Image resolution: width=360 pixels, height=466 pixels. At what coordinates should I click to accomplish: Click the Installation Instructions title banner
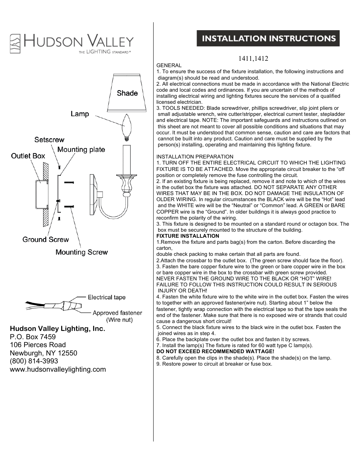[x=268, y=38]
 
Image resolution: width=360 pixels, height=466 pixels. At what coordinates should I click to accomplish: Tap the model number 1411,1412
[x=253, y=58]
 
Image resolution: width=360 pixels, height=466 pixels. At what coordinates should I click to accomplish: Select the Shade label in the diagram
[x=127, y=93]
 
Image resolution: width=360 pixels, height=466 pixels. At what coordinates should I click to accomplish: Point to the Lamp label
[x=80, y=114]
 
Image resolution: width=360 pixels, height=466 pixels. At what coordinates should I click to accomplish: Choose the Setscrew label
[x=49, y=140]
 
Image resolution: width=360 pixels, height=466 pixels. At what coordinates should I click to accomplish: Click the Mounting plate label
[x=81, y=150]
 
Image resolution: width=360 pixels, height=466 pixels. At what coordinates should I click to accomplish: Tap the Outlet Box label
[x=28, y=156]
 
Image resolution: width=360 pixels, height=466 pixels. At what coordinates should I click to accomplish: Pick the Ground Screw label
[x=46, y=240]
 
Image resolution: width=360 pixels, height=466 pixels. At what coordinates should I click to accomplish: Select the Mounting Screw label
[x=82, y=252]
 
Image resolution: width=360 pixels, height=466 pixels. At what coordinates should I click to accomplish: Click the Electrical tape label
[x=106, y=297]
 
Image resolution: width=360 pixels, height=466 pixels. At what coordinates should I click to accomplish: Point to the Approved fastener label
[x=117, y=313]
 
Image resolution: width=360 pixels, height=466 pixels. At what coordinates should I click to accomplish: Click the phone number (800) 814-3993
[x=34, y=361]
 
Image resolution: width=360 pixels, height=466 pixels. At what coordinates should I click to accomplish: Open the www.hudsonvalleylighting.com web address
[x=58, y=369]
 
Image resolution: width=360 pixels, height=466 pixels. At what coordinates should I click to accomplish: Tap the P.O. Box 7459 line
[x=32, y=337]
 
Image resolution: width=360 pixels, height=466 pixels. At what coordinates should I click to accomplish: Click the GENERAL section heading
[x=169, y=65]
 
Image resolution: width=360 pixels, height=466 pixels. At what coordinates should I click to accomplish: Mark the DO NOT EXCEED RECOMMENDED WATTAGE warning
[x=215, y=351]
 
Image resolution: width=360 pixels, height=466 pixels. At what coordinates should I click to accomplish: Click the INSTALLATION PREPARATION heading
[x=195, y=157]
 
